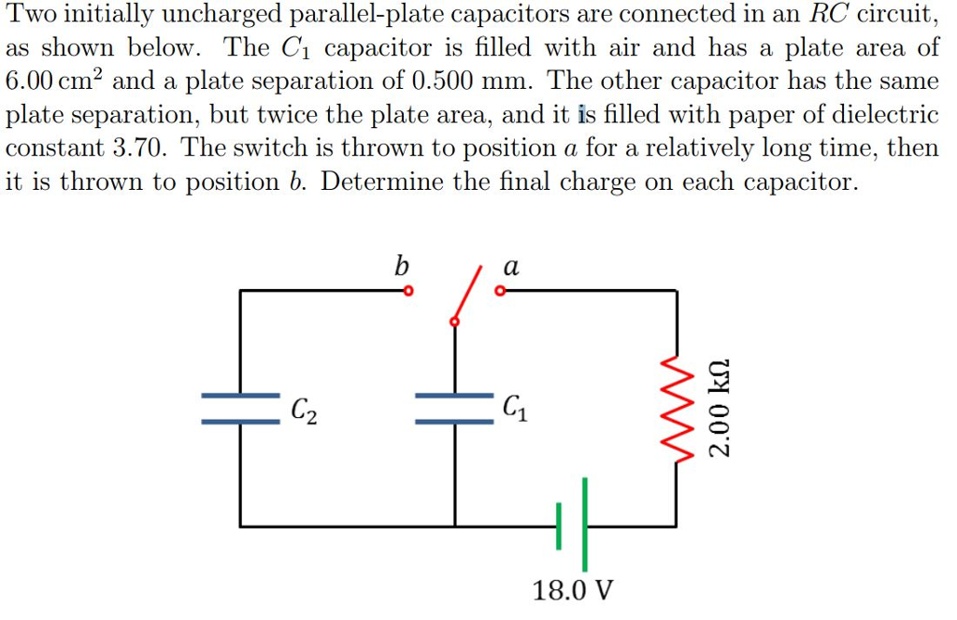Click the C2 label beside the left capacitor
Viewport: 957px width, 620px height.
[303, 410]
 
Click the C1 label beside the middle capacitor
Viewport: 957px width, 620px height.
[514, 408]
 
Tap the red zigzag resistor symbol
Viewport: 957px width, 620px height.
[677, 408]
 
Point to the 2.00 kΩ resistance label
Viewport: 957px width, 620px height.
[720, 408]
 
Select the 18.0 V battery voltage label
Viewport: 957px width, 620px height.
[573, 591]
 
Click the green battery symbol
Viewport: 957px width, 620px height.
[572, 526]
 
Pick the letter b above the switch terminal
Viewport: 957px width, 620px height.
[401, 267]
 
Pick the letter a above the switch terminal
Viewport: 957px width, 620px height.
[510, 267]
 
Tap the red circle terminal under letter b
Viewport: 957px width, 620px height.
[407, 291]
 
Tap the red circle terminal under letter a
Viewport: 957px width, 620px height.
[499, 291]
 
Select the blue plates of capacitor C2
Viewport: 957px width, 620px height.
[240, 409]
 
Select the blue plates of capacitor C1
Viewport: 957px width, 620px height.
[455, 409]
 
